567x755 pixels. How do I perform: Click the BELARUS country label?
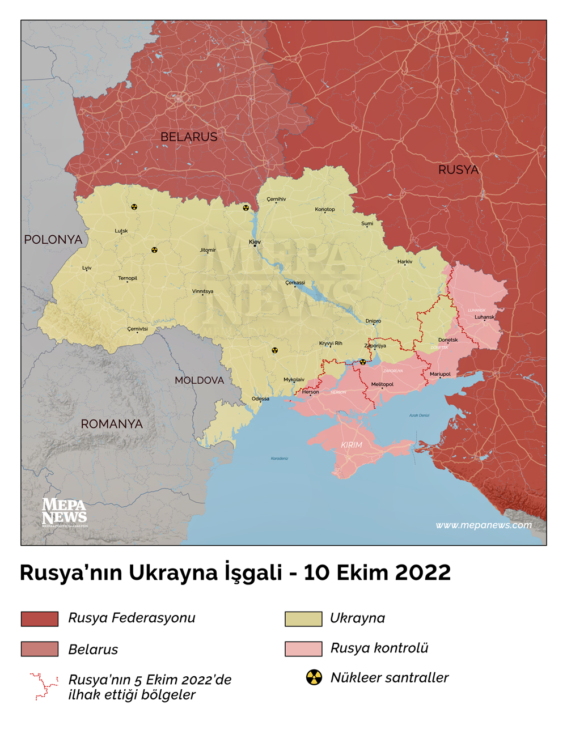tap(189, 137)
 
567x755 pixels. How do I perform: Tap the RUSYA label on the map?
tap(458, 169)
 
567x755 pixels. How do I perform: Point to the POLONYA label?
tap(53, 240)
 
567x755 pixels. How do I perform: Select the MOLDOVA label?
tap(199, 380)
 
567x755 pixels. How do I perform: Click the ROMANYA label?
tap(112, 424)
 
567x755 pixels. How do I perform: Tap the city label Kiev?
tap(255, 242)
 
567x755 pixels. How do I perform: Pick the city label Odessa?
tap(261, 398)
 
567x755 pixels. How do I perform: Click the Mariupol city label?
tap(440, 374)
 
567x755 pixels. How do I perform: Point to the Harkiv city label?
tap(405, 262)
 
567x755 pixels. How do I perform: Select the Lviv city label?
tap(87, 268)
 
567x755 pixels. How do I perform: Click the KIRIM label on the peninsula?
tap(352, 445)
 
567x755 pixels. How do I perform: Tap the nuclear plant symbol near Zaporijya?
tap(363, 362)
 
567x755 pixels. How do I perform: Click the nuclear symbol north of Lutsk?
tap(134, 207)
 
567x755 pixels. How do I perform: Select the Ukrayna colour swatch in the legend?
tap(303, 619)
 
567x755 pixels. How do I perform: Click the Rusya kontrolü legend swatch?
tap(303, 649)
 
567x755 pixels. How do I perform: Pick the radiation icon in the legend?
tap(314, 677)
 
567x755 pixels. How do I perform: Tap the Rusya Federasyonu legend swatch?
tap(40, 619)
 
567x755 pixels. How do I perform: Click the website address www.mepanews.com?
tap(484, 525)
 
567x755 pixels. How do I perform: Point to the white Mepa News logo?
tap(64, 512)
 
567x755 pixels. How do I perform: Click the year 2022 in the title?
tap(422, 572)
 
